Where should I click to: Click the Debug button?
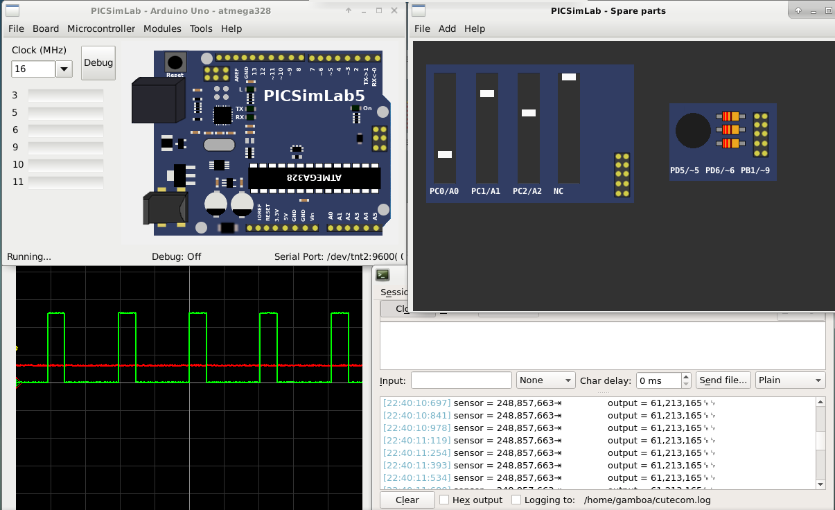(98, 63)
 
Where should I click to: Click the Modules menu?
(162, 28)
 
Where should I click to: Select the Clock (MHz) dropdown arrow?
(64, 69)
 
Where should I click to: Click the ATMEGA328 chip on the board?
(315, 178)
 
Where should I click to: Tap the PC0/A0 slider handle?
(445, 155)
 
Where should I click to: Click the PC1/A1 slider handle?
(486, 94)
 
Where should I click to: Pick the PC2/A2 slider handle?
(529, 113)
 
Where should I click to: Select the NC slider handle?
(569, 77)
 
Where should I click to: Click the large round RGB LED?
(693, 130)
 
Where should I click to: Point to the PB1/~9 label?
(755, 170)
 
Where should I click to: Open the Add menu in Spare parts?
(448, 28)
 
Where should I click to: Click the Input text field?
(461, 380)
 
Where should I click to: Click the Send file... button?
(723, 380)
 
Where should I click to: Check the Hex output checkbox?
(445, 500)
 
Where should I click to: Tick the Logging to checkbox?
(516, 500)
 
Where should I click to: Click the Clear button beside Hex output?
(407, 500)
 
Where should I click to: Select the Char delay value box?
(658, 380)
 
